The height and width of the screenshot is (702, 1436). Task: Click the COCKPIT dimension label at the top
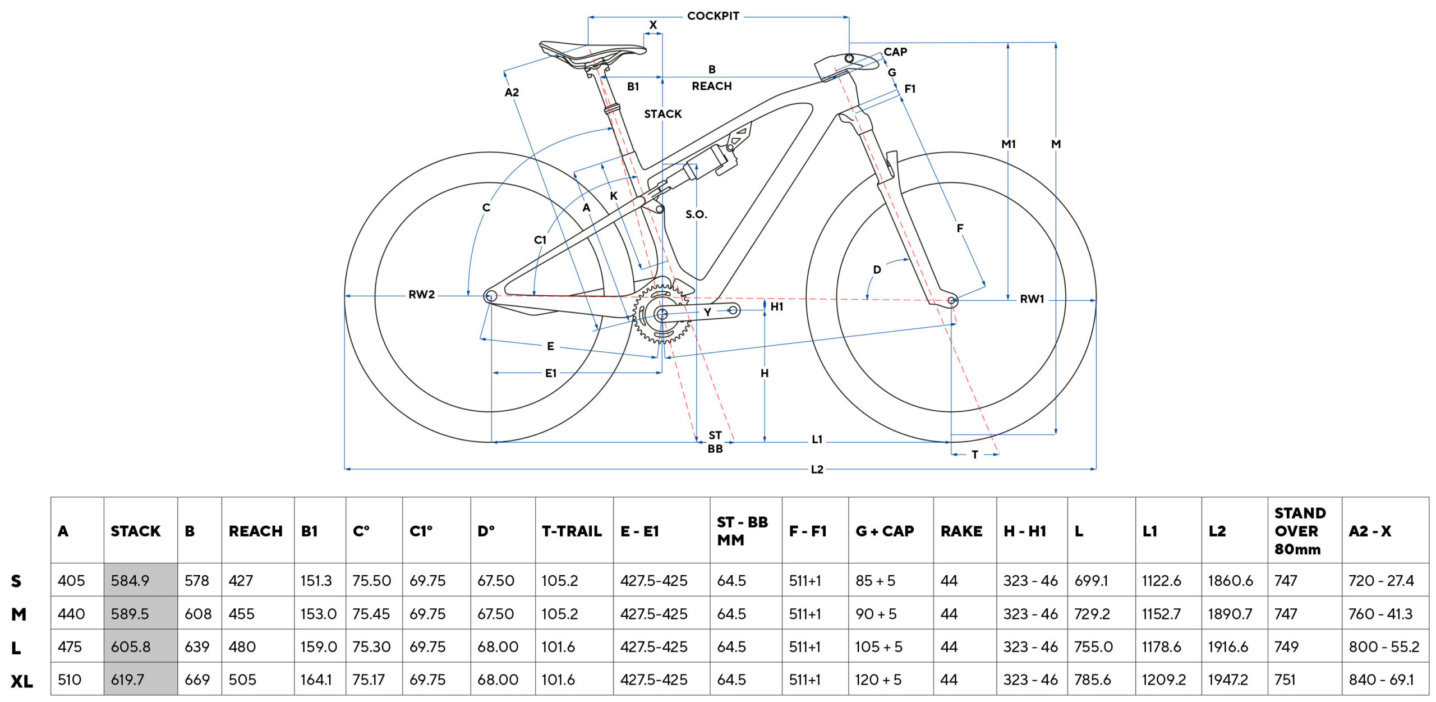[713, 16]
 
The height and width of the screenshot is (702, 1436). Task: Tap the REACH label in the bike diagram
[711, 86]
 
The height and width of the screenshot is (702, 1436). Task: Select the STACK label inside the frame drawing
[662, 114]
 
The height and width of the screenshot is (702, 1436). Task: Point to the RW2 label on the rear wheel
[421, 295]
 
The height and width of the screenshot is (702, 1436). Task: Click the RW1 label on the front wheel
[1032, 299]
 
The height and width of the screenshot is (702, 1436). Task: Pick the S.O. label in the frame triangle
[696, 214]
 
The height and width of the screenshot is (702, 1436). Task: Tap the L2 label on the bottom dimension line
[817, 469]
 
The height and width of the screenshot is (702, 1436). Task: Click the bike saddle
[592, 52]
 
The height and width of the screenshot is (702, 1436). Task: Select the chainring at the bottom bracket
[662, 314]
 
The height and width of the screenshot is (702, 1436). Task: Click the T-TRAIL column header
[572, 531]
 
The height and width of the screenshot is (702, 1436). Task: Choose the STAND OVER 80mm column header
[1300, 531]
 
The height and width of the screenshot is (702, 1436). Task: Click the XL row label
[21, 681]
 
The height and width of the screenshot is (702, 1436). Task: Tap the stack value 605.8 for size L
[130, 646]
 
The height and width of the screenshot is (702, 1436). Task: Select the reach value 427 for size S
[241, 580]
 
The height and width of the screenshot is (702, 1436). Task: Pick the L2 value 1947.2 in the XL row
[1228, 680]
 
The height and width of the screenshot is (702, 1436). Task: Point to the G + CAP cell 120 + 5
[878, 680]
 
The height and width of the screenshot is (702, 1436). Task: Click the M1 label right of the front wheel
[1008, 144]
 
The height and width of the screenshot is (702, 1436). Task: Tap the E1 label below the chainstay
[550, 373]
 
